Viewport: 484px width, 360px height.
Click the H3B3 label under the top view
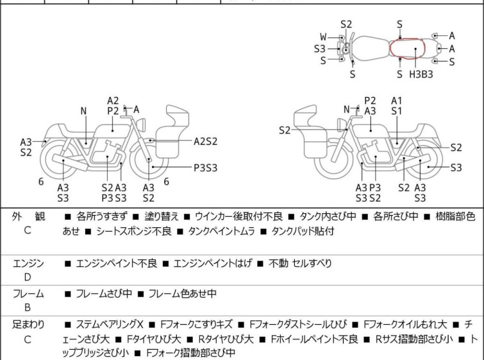click(421, 74)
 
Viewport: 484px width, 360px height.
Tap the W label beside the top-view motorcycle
click(323, 37)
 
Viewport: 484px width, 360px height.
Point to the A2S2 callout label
click(206, 140)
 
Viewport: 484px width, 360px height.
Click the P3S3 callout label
click(206, 167)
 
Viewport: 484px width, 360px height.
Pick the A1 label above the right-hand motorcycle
click(397, 101)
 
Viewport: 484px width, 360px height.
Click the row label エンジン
click(28, 263)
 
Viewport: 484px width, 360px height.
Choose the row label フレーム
click(28, 294)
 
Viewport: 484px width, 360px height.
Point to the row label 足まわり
click(28, 325)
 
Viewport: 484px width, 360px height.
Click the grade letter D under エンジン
click(28, 277)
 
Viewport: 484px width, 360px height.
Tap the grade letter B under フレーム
click(28, 308)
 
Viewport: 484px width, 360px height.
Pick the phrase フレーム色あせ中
click(182, 294)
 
